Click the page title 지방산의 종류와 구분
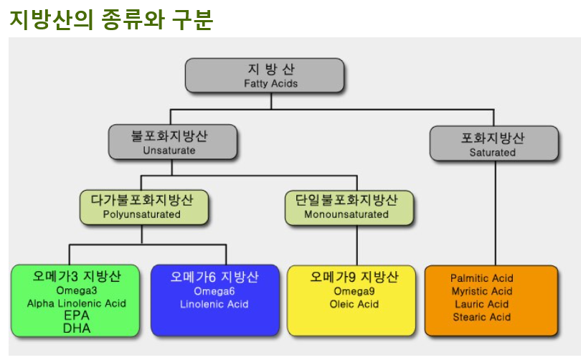111,19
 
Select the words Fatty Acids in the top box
271,84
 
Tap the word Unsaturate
169,151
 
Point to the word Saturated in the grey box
493,152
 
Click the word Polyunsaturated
142,214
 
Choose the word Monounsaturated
346,214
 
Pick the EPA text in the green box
77,316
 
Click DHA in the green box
77,328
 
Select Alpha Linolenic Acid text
76,303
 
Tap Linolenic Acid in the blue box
214,304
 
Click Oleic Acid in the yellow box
354,304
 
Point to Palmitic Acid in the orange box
482,278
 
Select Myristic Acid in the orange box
482,291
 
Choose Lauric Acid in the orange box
482,304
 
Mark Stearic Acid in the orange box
482,317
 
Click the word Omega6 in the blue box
214,291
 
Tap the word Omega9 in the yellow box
354,291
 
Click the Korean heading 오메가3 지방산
77,276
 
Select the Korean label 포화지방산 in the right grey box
493,138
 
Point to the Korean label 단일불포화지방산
346,199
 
